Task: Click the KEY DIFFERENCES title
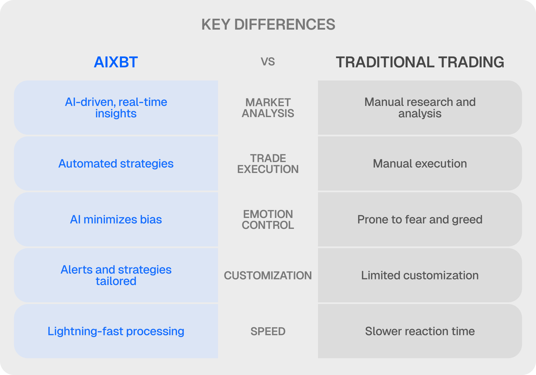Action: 268,24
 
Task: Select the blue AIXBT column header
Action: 116,62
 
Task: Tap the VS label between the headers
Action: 268,62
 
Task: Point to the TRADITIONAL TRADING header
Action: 420,62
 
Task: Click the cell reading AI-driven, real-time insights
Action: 116,108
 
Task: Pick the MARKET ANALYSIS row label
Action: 268,108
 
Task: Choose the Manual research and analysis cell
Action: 420,108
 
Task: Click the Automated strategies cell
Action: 116,163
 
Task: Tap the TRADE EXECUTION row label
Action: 268,164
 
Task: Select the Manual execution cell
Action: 420,163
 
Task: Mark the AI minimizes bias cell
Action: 116,219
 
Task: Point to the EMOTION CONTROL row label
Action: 268,220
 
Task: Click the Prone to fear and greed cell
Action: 420,219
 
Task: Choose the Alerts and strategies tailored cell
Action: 116,275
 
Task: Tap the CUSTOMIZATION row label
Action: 268,276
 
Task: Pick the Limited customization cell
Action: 420,275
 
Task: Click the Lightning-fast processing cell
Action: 116,331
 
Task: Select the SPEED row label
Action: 268,331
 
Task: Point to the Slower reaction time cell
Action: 420,331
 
